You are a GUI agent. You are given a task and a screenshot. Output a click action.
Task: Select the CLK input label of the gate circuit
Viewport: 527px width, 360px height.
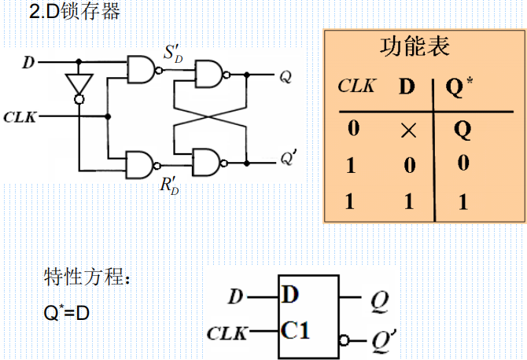20,117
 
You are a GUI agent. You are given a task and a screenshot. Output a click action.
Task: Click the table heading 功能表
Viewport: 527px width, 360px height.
415,47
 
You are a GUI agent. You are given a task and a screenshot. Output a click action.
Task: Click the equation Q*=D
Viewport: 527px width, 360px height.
67,312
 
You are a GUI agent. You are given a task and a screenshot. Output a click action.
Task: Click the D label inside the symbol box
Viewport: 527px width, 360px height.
290,296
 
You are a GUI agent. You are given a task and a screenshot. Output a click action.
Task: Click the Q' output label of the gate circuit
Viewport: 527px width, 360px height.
289,160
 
